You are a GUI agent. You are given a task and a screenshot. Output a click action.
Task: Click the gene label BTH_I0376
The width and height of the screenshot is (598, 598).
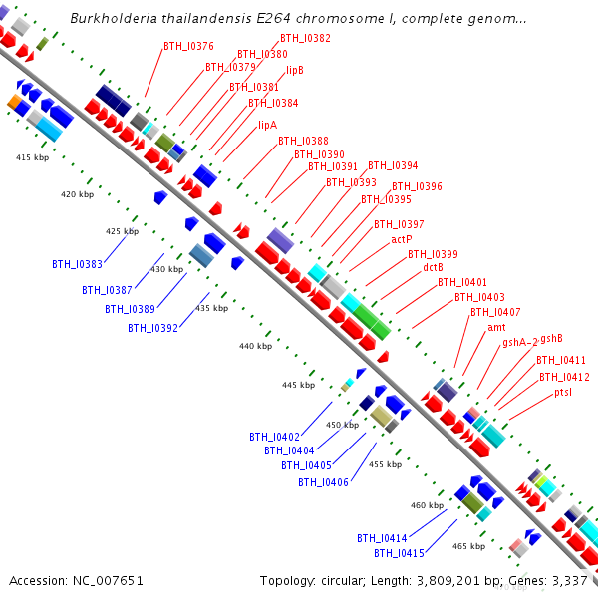coord(188,46)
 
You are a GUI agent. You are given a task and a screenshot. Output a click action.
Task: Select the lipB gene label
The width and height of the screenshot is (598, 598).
coord(295,70)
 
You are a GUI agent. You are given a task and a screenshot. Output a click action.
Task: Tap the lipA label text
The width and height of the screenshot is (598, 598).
coord(268,126)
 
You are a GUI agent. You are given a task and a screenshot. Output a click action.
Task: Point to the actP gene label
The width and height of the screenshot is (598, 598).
coord(402,239)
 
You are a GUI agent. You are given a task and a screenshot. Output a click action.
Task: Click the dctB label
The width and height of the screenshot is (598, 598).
coord(433,267)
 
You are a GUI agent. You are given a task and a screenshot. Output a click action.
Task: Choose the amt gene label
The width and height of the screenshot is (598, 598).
coord(496,327)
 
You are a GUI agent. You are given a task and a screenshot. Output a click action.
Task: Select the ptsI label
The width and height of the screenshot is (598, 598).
coord(563,392)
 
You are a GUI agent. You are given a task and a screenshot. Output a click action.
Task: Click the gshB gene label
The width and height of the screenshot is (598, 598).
coord(551,338)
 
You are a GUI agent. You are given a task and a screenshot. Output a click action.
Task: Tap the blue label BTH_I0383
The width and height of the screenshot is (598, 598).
coord(77,264)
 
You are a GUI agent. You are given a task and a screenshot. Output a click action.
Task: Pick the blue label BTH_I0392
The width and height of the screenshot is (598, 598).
coord(152,328)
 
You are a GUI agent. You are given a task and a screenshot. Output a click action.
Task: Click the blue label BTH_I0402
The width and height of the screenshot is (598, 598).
coord(275,437)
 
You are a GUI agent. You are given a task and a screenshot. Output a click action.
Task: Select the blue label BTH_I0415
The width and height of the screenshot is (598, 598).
coord(399,553)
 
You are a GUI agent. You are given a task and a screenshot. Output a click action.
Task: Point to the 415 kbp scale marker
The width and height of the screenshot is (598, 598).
coord(33,157)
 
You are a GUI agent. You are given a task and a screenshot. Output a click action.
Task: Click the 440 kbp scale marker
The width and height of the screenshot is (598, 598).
coord(255,346)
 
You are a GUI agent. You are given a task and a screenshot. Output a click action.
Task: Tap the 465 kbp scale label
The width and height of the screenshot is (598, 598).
coord(468,546)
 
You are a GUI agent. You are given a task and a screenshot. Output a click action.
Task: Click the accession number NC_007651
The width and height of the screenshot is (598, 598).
coord(108,581)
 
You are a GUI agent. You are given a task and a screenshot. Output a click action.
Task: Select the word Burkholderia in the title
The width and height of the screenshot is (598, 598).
coord(114,18)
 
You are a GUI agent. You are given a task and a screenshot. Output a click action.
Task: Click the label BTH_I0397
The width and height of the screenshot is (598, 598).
coord(399,224)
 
